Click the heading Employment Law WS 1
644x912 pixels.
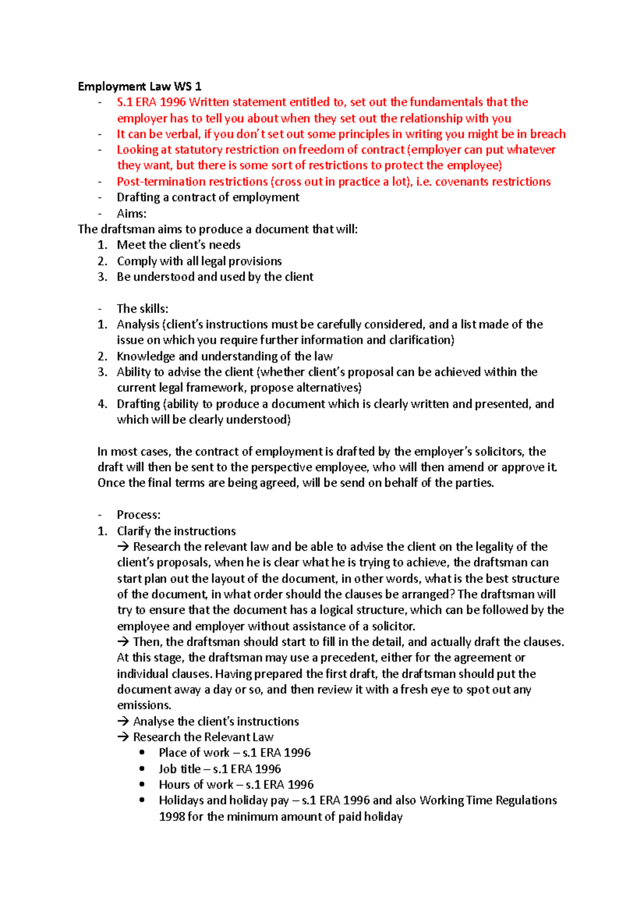[x=140, y=86]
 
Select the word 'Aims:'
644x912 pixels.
[x=131, y=214]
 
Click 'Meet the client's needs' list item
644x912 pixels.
[x=179, y=245]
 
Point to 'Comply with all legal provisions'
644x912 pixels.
[x=199, y=262]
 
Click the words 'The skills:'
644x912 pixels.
[x=142, y=309]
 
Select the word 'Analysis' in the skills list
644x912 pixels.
[x=138, y=325]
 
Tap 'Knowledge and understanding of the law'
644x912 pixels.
[x=224, y=357]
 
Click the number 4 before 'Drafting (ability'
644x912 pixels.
[x=102, y=404]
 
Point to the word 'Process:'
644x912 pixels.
[x=138, y=515]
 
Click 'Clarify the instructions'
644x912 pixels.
[x=176, y=531]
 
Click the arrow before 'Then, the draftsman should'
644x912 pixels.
[x=123, y=642]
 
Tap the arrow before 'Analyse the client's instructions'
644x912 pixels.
[x=123, y=722]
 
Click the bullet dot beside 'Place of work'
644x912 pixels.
[x=142, y=753]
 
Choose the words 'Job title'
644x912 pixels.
[x=179, y=769]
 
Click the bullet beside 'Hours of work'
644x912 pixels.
[x=142, y=785]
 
